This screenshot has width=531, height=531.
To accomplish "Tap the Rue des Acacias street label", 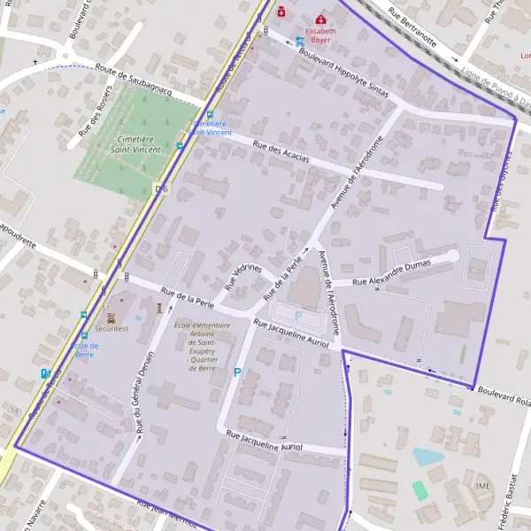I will (x=281, y=151).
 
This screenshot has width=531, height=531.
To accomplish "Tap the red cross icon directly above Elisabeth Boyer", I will (x=320, y=19).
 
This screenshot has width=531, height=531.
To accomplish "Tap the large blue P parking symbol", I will (x=237, y=373).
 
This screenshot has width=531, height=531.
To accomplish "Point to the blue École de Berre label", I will (x=85, y=350).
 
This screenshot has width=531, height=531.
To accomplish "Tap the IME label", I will (x=482, y=486).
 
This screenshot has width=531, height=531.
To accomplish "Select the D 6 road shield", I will (x=160, y=189).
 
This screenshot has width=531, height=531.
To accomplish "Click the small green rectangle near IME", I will (x=419, y=489).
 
